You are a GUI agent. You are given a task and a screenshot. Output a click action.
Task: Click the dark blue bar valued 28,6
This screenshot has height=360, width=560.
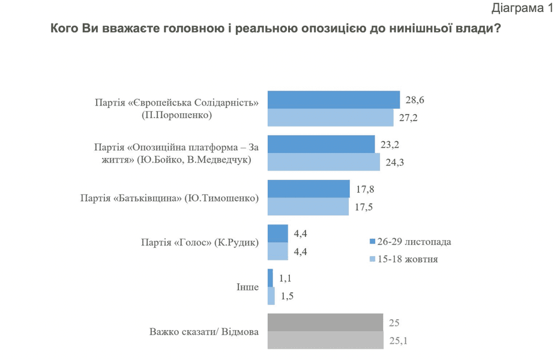tap(333, 100)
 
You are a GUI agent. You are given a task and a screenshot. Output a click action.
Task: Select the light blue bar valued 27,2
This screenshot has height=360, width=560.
tap(330, 118)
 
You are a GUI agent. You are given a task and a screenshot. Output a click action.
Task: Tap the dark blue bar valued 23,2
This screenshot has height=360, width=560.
tap(321, 144)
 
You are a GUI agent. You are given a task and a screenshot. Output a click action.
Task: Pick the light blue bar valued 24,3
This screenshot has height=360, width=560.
tap(323, 162)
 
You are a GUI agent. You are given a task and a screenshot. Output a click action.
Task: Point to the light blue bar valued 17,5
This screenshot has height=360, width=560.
tap(307, 206)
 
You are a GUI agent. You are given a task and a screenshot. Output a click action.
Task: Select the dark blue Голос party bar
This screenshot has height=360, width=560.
tap(277, 233)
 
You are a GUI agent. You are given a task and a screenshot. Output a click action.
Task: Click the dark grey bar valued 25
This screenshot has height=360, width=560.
tap(325, 322)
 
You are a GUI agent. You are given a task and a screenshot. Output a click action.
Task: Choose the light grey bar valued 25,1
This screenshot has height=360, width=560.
tap(325, 340)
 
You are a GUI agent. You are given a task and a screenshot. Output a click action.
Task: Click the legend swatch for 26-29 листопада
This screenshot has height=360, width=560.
tap(372, 242)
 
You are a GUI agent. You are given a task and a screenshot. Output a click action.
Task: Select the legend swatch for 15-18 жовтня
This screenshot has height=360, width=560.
tap(372, 260)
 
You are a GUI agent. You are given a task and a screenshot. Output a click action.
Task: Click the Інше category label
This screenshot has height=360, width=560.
tap(247, 287)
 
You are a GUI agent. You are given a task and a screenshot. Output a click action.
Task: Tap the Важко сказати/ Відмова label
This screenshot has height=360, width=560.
tap(203, 331)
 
